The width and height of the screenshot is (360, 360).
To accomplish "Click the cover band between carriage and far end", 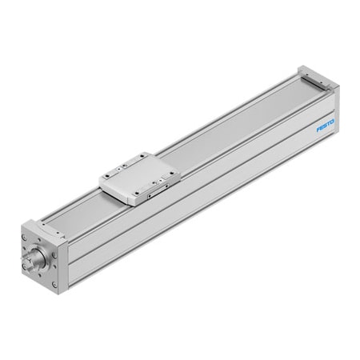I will click(232, 120).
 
